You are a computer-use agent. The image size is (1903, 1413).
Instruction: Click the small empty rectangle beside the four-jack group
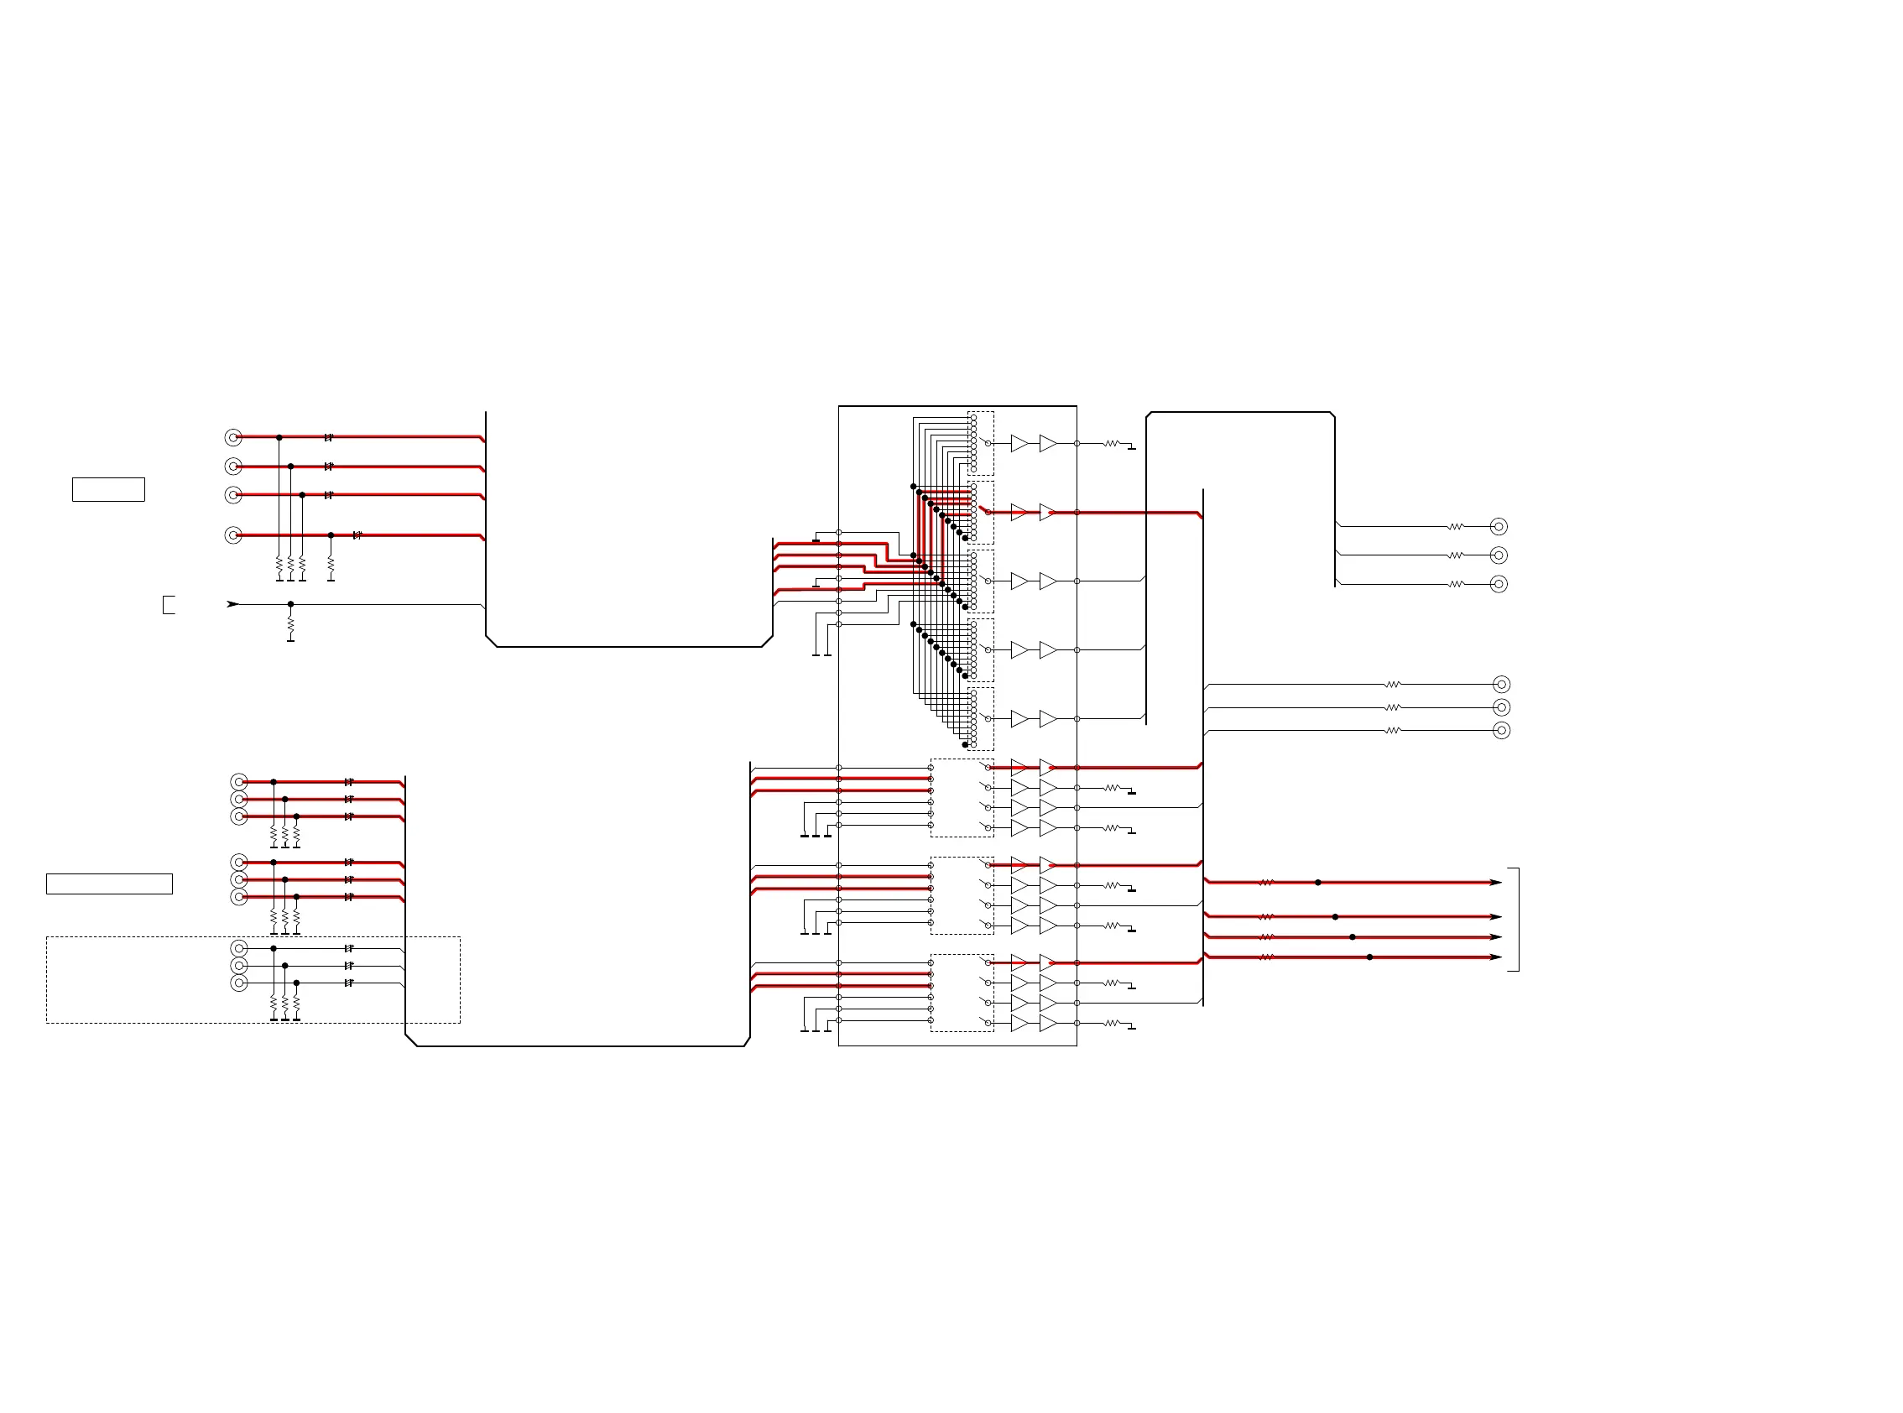(108, 489)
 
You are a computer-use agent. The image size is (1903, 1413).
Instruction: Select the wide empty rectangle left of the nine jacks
(108, 884)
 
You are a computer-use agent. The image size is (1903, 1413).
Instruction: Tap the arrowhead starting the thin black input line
(232, 604)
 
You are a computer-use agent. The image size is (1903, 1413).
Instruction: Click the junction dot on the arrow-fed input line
(291, 604)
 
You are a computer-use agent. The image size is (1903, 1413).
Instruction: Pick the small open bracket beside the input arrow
(168, 605)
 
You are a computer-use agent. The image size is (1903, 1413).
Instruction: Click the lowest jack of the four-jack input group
(232, 535)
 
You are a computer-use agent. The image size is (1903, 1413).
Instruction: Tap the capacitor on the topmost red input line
(328, 438)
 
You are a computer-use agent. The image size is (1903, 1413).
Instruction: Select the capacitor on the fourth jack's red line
(357, 535)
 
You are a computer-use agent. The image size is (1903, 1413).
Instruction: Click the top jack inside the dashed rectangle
(239, 948)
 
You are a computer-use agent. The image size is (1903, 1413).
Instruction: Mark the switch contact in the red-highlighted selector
(984, 511)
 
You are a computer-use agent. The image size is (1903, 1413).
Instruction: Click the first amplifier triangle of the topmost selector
(1019, 443)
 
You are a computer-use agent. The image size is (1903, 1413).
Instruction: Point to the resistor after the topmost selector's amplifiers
(1112, 444)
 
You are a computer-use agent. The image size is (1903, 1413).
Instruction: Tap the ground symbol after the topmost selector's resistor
(1132, 448)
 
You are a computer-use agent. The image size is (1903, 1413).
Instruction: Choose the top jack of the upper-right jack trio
(1499, 527)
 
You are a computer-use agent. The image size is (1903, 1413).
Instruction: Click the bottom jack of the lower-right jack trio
(1501, 731)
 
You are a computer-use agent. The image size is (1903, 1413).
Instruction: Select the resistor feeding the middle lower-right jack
(1392, 707)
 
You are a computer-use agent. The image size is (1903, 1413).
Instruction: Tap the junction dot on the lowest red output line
(1369, 957)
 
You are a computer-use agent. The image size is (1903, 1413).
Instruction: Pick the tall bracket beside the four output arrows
(1515, 920)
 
